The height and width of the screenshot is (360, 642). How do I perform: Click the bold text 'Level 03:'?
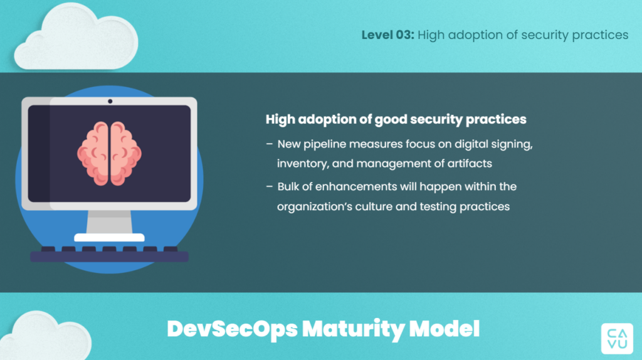point(387,35)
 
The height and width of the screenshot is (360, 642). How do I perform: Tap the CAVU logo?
point(617,338)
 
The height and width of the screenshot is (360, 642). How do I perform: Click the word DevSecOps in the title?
point(232,329)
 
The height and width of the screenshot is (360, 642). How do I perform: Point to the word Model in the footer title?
point(445,329)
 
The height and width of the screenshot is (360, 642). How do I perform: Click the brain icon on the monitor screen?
point(109,153)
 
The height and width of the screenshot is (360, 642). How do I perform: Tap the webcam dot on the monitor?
point(110,101)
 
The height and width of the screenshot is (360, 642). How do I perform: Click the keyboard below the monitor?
point(109,255)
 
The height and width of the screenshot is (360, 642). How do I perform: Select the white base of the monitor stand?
point(109,238)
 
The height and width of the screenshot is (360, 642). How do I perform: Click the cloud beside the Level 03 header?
point(76,37)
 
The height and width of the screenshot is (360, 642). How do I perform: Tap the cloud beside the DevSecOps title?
point(46,335)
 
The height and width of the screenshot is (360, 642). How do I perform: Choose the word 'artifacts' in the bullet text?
point(470,164)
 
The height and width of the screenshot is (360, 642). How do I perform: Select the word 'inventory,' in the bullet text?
point(303,164)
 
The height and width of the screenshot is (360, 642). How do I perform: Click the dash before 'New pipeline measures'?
point(270,144)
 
